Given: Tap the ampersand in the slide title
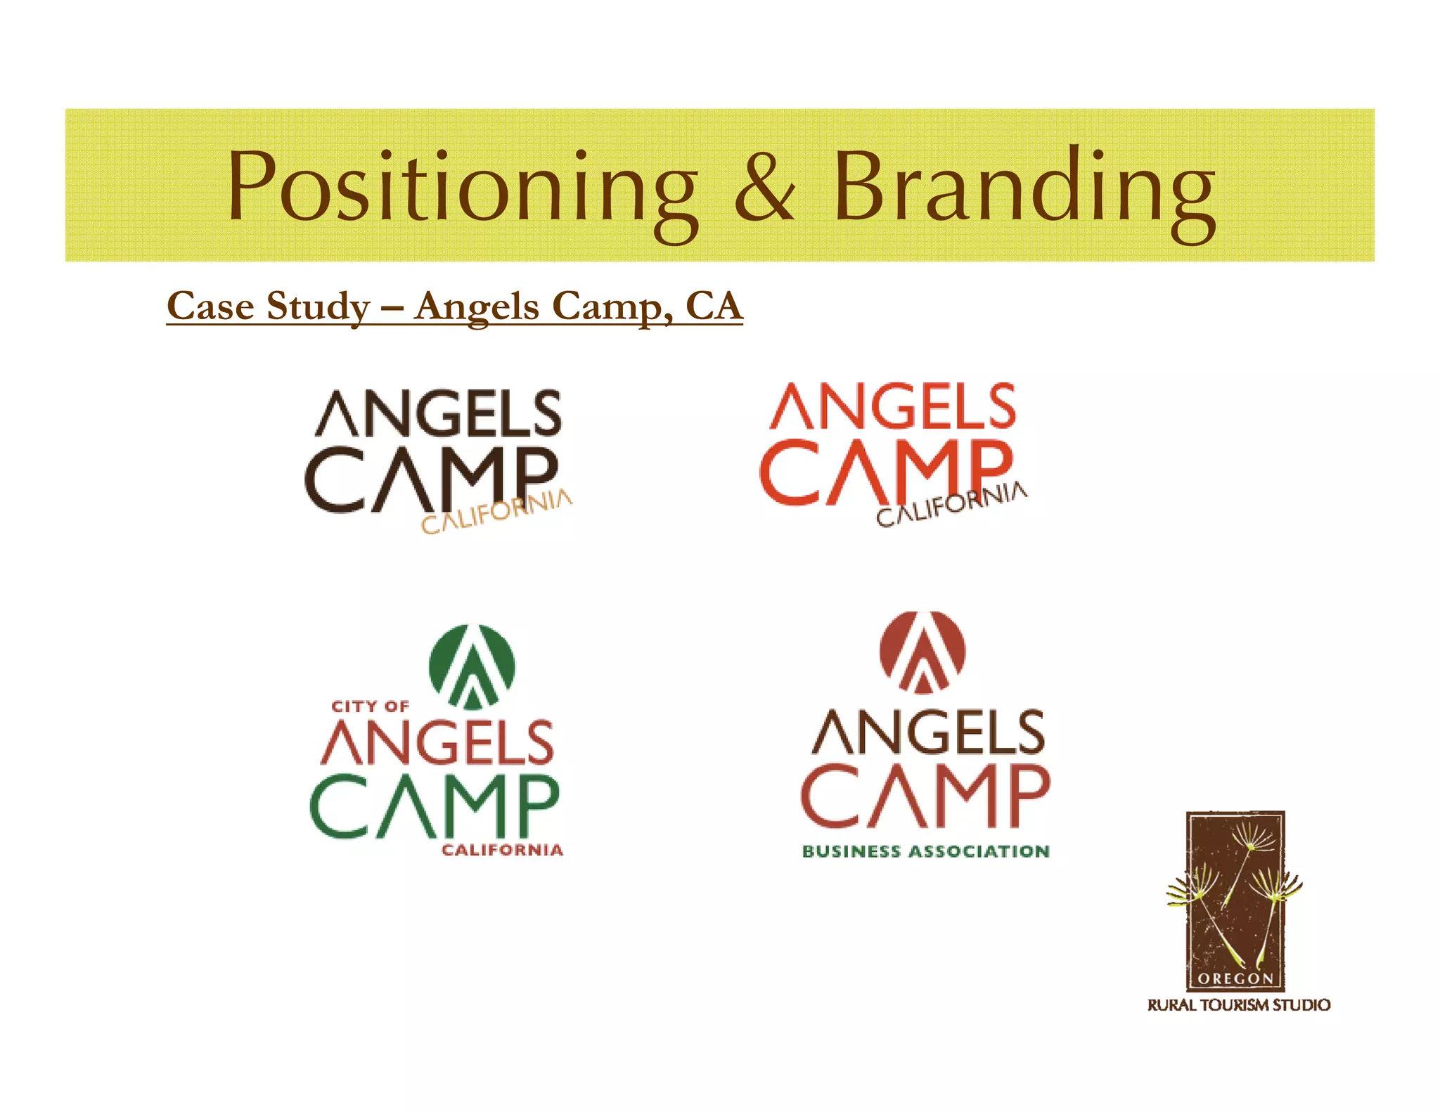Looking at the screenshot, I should [765, 186].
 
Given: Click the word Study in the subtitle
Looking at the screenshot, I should [318, 306].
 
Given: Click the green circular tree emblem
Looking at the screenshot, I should [472, 665].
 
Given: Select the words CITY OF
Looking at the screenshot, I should [370, 706].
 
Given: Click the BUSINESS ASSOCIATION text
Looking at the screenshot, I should [925, 851].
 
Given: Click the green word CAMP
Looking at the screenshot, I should [435, 806].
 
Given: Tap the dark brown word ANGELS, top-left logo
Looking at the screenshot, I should [438, 414].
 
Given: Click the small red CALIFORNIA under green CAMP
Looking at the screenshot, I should [502, 851].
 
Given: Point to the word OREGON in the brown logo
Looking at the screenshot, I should [1235, 978].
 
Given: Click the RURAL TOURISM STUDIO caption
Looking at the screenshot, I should [1238, 1005].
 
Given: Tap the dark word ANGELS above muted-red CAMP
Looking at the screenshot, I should [928, 732].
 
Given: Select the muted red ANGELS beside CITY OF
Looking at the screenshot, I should [437, 742].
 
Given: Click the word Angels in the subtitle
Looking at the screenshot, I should [477, 306].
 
